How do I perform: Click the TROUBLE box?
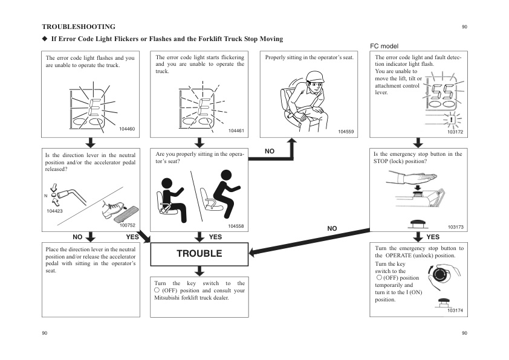pyautogui.click(x=199, y=254)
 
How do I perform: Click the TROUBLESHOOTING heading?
pyautogui.click(x=79, y=27)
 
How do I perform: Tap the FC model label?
pyautogui.click(x=384, y=46)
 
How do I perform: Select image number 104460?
pyautogui.click(x=127, y=130)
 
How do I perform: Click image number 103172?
pyautogui.click(x=455, y=131)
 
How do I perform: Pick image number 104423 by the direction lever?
pyautogui.click(x=54, y=211)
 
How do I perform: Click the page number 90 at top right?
pyautogui.click(x=464, y=27)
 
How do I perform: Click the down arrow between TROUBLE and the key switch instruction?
pyautogui.click(x=199, y=271)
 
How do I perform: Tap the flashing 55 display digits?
pyautogui.click(x=444, y=92)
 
